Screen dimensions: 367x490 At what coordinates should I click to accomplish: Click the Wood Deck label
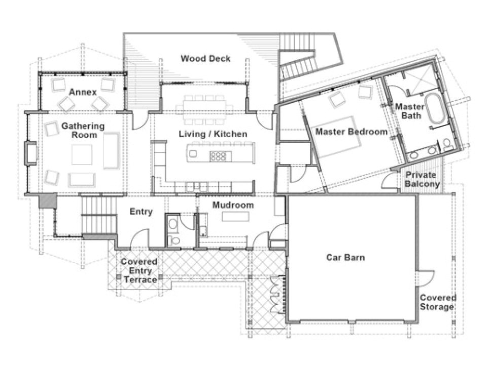pyautogui.click(x=205, y=59)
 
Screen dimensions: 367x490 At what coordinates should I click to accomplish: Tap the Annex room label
pyautogui.click(x=83, y=92)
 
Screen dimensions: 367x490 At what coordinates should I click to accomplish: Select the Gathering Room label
pyautogui.click(x=83, y=130)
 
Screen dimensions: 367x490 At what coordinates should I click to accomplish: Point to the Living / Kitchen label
pyautogui.click(x=213, y=134)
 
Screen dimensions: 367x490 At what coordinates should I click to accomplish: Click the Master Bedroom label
pyautogui.click(x=352, y=132)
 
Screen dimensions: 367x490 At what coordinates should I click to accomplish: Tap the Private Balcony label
pyautogui.click(x=422, y=180)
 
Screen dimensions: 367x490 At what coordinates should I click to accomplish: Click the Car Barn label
pyautogui.click(x=345, y=257)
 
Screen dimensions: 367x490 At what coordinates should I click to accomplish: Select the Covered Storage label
pyautogui.click(x=437, y=302)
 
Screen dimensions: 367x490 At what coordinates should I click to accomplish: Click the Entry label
pyautogui.click(x=141, y=212)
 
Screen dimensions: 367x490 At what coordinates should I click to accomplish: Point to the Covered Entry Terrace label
pyautogui.click(x=138, y=271)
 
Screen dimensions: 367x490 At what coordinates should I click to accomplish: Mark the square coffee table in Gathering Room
pyautogui.click(x=82, y=154)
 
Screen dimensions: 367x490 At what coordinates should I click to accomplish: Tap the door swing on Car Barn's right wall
pyautogui.click(x=427, y=277)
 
